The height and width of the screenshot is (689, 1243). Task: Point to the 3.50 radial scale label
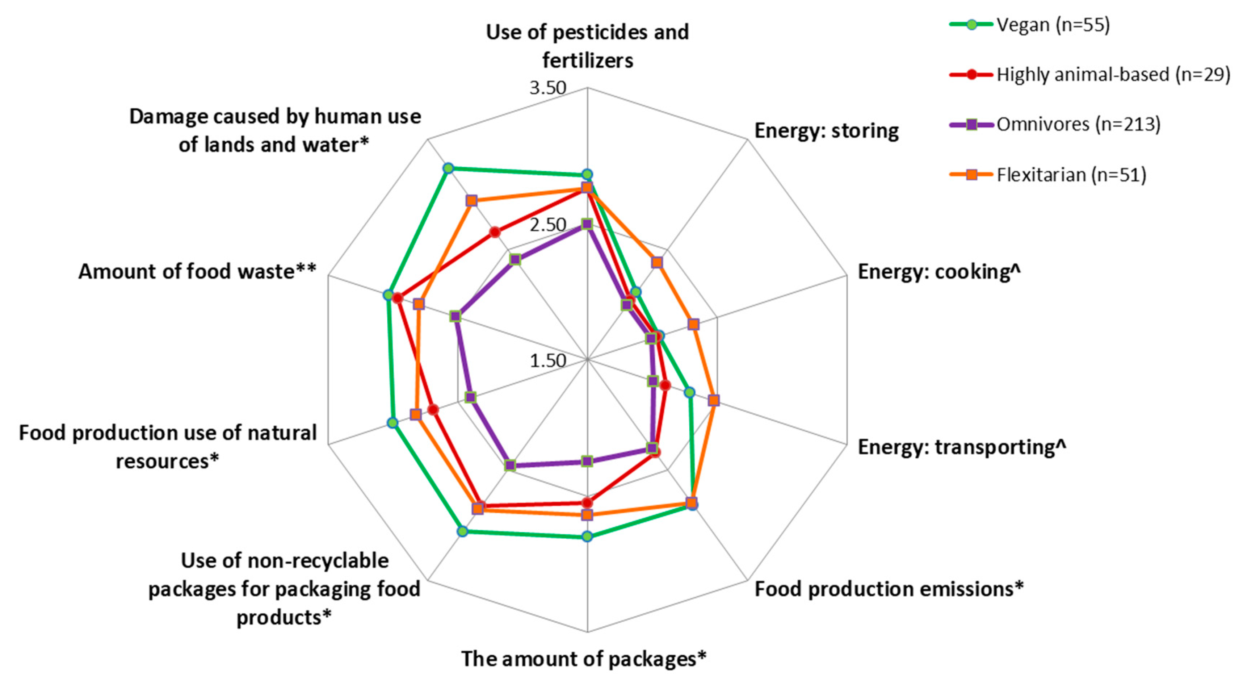[x=548, y=88]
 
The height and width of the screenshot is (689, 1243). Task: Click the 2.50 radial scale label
[x=548, y=225]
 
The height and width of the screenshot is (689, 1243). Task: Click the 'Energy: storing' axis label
[x=826, y=131]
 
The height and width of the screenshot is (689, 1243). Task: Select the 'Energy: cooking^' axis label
[x=938, y=272]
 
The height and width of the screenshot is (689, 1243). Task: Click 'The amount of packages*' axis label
[x=583, y=659]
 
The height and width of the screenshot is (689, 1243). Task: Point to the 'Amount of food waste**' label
[x=197, y=272]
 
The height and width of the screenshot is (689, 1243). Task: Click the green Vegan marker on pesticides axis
[x=587, y=175]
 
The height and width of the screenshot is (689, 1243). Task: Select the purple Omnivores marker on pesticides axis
[x=587, y=224]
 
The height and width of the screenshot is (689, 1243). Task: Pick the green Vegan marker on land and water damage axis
[x=448, y=168]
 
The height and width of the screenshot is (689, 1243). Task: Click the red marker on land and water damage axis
[x=495, y=232]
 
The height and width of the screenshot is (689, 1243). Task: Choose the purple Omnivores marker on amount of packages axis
[x=587, y=461]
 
